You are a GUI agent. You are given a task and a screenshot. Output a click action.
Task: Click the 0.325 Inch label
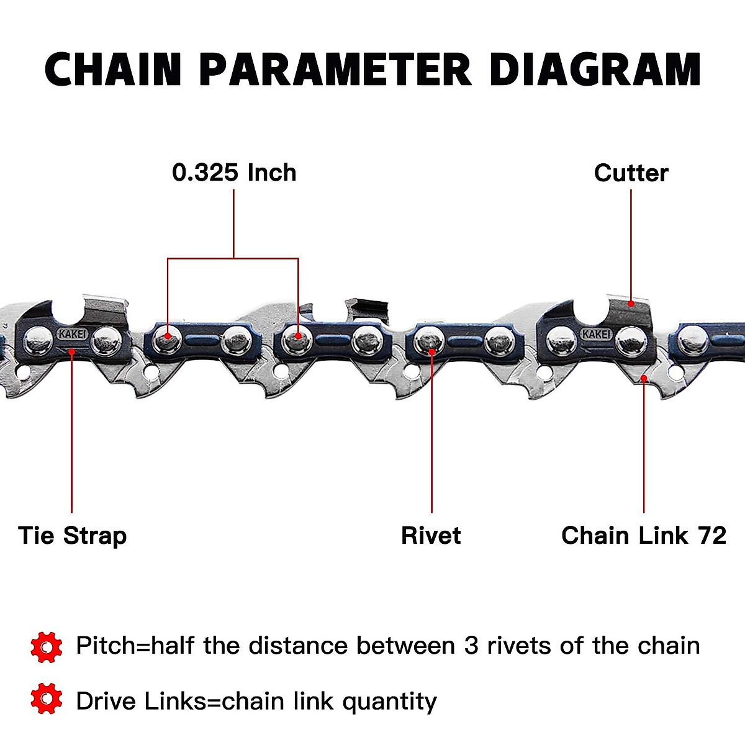234,173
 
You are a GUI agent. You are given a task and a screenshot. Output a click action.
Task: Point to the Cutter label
631,173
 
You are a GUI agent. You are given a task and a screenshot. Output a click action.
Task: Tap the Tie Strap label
72,535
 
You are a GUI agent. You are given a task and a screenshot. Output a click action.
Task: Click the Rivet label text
431,535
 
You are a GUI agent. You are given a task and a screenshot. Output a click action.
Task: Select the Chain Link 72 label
643,535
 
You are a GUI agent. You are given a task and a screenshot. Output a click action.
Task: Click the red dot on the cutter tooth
631,304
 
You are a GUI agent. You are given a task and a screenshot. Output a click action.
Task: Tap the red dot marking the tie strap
72,351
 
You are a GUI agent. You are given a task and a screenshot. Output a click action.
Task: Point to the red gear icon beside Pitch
46,647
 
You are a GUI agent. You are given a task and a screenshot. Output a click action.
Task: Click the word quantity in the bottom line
389,702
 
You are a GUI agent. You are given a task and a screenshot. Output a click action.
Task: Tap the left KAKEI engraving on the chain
73,334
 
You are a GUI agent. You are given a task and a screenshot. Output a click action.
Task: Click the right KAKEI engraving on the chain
596,334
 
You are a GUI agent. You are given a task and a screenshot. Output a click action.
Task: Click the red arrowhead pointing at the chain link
644,378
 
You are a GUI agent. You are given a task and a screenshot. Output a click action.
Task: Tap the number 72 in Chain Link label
711,535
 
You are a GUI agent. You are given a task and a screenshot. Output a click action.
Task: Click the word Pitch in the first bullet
104,646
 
